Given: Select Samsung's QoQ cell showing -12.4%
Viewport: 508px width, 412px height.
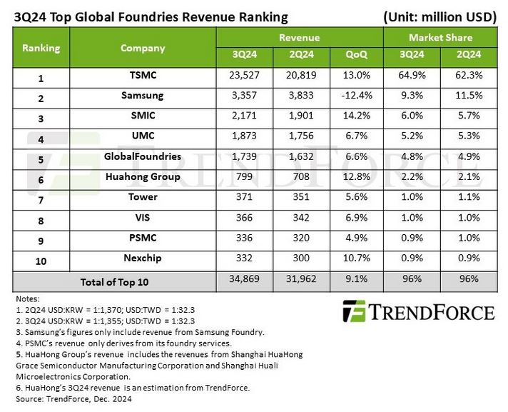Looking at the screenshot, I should (x=356, y=96).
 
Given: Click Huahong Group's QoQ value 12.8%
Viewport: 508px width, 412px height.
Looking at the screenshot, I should (x=356, y=177).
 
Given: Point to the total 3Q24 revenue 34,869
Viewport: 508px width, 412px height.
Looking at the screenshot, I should (x=244, y=281).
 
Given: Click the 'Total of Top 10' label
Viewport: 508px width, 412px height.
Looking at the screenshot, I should (x=114, y=281).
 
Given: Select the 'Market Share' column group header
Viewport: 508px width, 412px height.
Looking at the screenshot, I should (x=440, y=37).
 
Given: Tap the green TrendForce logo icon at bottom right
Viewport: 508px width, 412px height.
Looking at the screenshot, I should (x=354, y=312).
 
